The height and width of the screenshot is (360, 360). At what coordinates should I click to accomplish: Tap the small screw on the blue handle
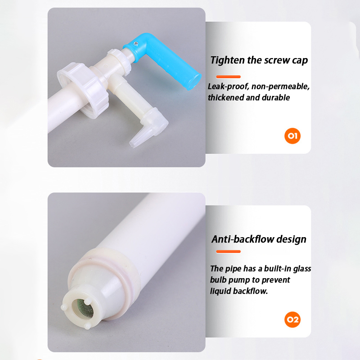[136, 43]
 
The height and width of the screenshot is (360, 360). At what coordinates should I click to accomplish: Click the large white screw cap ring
[83, 90]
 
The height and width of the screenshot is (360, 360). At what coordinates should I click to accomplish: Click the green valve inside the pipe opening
[83, 309]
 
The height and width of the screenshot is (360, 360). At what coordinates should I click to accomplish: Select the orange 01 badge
[292, 136]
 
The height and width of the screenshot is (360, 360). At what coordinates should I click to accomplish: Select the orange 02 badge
[292, 319]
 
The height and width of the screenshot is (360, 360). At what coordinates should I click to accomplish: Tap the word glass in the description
[302, 269]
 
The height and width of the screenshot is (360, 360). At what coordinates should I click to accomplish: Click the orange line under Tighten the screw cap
[228, 76]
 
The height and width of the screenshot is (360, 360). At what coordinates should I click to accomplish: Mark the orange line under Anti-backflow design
[228, 252]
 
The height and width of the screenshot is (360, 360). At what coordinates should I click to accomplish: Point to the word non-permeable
[280, 86]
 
